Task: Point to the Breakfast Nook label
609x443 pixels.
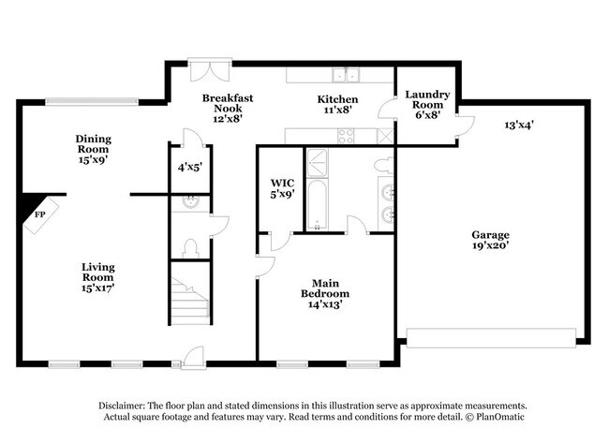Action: [x=228, y=108]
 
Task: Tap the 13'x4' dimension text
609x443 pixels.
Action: [x=518, y=123]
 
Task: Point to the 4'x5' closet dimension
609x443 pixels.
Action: [x=190, y=168]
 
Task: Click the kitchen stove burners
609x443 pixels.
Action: [x=346, y=136]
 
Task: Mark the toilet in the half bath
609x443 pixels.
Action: [x=190, y=247]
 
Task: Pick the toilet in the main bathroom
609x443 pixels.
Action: [x=382, y=165]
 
